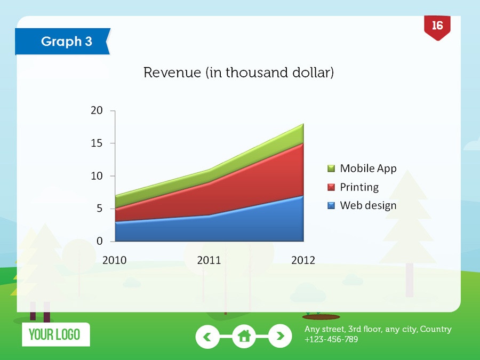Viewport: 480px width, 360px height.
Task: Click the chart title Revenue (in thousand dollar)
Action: [x=238, y=73]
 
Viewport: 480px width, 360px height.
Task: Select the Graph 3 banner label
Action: [x=67, y=41]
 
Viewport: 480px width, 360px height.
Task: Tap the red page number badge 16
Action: [x=437, y=28]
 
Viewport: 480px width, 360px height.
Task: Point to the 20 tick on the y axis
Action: [x=97, y=110]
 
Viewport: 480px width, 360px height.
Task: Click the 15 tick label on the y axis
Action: [x=97, y=143]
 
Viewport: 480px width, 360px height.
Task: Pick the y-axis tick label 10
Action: [x=97, y=176]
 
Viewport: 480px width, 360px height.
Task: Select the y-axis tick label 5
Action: [x=100, y=209]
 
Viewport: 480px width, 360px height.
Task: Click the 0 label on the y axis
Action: [x=100, y=241]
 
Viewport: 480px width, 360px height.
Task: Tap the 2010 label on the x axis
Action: [x=115, y=260]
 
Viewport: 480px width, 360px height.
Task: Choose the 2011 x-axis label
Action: [x=209, y=260]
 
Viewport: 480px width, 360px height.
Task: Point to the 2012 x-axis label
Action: [x=303, y=260]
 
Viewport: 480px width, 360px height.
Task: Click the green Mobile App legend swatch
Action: [x=331, y=169]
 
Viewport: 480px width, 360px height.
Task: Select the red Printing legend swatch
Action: [x=331, y=187]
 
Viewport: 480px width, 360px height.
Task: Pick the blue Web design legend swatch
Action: [x=331, y=205]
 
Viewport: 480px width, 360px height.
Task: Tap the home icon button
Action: [x=244, y=336]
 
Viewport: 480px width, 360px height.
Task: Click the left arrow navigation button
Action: [x=207, y=337]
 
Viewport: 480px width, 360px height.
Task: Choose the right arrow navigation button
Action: [x=280, y=336]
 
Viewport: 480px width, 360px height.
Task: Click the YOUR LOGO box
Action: [x=56, y=334]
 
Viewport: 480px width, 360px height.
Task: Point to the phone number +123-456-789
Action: [x=331, y=340]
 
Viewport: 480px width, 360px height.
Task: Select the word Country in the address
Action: [x=436, y=329]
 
